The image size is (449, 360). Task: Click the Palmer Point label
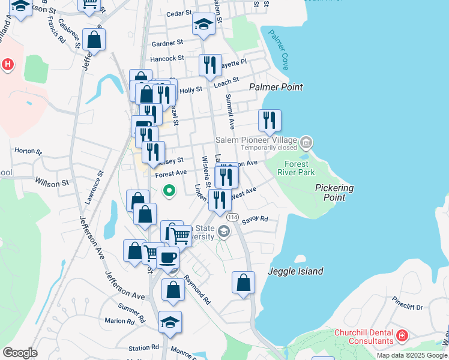[x=277, y=87]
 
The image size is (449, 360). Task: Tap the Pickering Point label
[x=334, y=192]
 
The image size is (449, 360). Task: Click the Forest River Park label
[x=296, y=168]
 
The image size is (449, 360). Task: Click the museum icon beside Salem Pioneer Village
[x=306, y=142]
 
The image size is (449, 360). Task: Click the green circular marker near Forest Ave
[x=170, y=191]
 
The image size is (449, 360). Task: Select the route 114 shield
[x=233, y=217]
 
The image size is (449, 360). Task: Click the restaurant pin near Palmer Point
[x=270, y=120]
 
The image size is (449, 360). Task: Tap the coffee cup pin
[x=167, y=258]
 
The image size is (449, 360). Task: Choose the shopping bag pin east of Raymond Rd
[x=243, y=283]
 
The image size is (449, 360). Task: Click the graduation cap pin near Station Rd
[x=170, y=322]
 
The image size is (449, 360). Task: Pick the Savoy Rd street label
[x=255, y=220]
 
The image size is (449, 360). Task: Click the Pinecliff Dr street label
[x=408, y=307]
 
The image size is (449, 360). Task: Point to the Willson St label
[x=52, y=181]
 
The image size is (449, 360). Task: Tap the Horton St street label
[x=28, y=151]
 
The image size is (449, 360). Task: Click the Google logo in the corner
[x=20, y=352]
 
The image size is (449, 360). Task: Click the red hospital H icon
[x=7, y=64]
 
